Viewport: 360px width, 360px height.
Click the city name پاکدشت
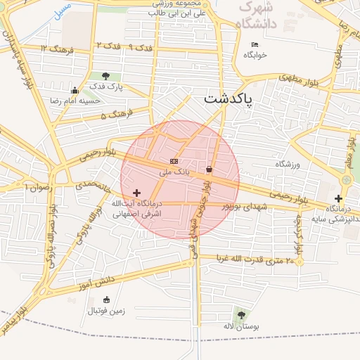229,98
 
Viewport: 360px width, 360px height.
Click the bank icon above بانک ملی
174,162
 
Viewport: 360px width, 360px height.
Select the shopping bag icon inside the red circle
210,169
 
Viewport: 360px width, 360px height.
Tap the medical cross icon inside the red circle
136,192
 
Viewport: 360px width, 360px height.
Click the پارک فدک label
106,86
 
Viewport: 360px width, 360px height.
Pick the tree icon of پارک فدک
105,76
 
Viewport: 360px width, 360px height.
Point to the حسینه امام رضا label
82,101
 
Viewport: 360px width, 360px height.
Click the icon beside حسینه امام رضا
75,90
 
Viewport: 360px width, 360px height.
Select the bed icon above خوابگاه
255,46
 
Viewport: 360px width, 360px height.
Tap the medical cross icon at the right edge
340,199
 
